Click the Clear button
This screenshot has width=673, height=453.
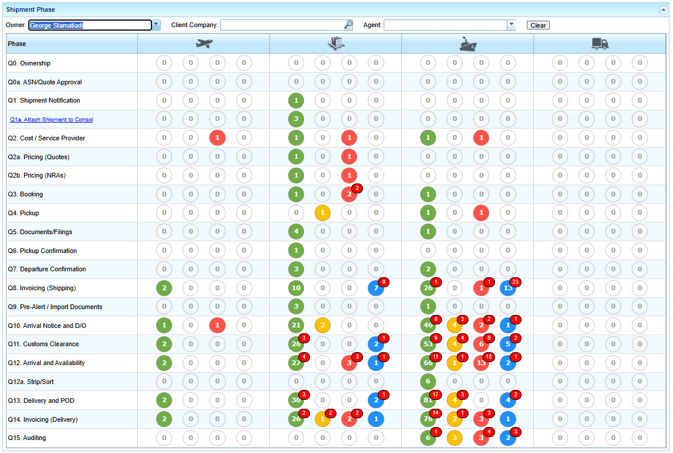click(x=537, y=25)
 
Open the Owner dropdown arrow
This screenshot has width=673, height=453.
click(x=156, y=25)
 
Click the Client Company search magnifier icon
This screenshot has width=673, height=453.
click(x=348, y=25)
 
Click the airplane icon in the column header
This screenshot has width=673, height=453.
click(x=204, y=44)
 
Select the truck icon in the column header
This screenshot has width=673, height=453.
click(x=600, y=44)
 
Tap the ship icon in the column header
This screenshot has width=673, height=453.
click(x=468, y=44)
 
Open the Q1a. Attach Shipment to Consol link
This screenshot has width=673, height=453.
click(x=51, y=120)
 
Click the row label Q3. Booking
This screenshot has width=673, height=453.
click(x=25, y=194)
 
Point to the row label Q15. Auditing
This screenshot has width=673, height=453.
click(x=27, y=438)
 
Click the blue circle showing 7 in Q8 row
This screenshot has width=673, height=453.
click(x=375, y=288)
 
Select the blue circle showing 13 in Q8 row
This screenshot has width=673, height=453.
click(x=507, y=288)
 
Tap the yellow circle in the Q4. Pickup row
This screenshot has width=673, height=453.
click(x=322, y=213)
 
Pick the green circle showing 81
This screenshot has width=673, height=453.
click(x=428, y=401)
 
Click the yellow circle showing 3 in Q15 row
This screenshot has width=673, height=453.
click(x=454, y=438)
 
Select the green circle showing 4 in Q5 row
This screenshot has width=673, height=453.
click(x=296, y=232)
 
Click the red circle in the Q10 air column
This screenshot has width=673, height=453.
click(x=217, y=326)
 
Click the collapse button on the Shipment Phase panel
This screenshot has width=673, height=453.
click(x=662, y=9)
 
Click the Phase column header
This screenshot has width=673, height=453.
click(x=17, y=44)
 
